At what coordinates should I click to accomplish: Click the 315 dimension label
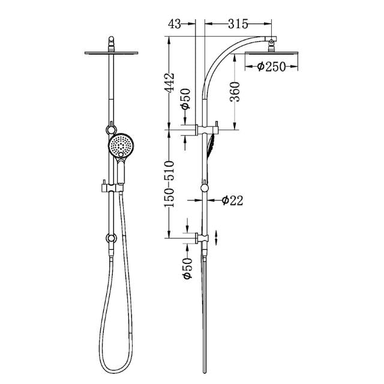pos(238,24)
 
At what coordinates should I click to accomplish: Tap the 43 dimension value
pos(176,24)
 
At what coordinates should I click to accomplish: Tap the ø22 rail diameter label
pos(232,201)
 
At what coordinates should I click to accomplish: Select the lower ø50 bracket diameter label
pos(186,269)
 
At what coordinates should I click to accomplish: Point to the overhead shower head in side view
pos(271,53)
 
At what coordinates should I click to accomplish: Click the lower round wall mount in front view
pos(110,238)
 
